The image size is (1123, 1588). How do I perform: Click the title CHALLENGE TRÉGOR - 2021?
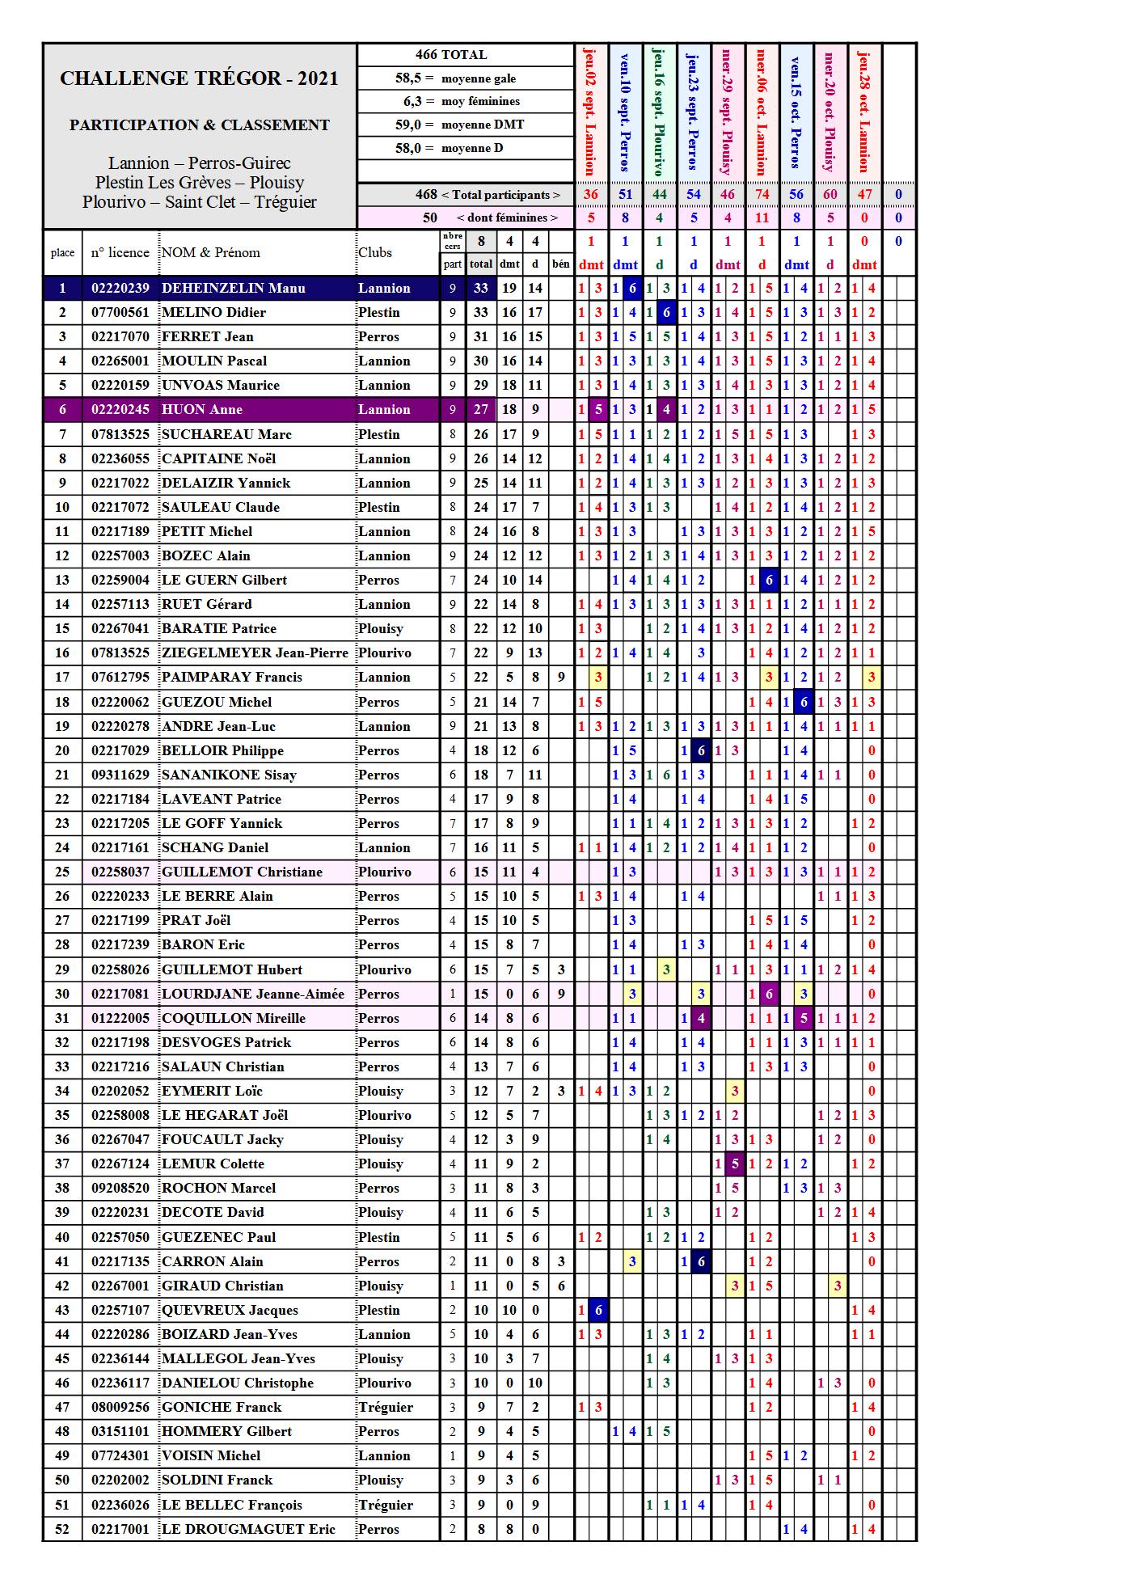(x=199, y=78)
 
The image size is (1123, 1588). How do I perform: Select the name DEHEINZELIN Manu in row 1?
(x=234, y=289)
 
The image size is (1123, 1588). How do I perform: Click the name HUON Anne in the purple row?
(x=202, y=410)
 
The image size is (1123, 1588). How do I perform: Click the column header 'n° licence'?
(x=120, y=252)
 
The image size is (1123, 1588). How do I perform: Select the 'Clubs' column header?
(x=375, y=252)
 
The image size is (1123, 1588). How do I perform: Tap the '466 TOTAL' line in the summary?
(x=451, y=55)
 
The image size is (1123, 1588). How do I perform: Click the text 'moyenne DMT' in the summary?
(x=483, y=125)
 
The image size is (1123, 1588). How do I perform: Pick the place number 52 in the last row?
(x=62, y=1529)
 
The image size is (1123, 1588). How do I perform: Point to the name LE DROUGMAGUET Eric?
(x=248, y=1529)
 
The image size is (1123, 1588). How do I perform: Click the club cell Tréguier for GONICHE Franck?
(x=386, y=1408)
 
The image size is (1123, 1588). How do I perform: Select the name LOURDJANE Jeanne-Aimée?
(x=253, y=995)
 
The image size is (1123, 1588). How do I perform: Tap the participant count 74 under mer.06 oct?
(x=762, y=194)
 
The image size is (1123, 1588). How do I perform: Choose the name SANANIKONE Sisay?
(x=229, y=775)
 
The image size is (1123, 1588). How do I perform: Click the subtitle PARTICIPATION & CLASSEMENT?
(x=199, y=125)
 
